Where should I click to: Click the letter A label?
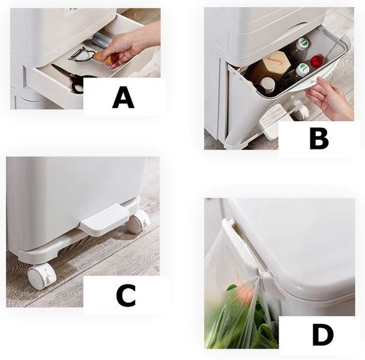[123, 97]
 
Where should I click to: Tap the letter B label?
[319, 139]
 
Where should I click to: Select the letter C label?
[126, 295]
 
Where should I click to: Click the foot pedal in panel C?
[104, 220]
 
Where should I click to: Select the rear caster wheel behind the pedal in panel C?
[138, 221]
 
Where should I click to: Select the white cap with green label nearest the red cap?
[302, 68]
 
